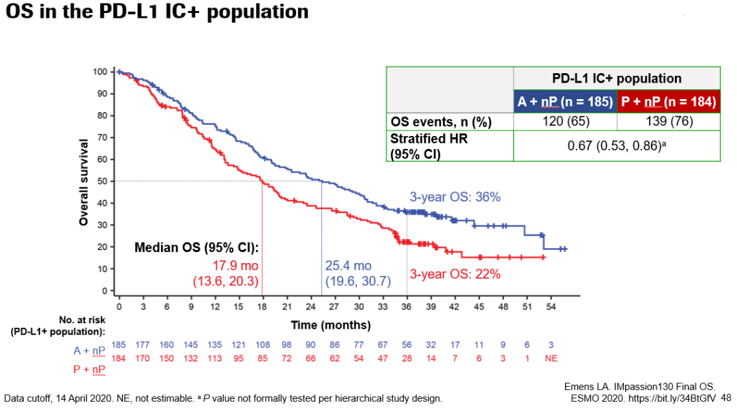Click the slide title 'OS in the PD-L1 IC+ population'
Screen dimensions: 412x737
tap(156, 12)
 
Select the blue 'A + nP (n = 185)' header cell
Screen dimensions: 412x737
tap(565, 102)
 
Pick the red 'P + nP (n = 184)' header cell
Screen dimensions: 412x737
tap(668, 102)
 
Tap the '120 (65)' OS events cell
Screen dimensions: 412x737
tap(565, 122)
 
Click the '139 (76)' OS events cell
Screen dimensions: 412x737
tap(668, 122)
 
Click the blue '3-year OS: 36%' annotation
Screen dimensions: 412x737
tap(455, 197)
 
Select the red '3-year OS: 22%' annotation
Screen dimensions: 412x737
tap(455, 274)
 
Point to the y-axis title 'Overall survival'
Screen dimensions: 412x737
tap(83, 182)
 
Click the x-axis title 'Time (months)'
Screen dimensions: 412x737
tap(331, 325)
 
